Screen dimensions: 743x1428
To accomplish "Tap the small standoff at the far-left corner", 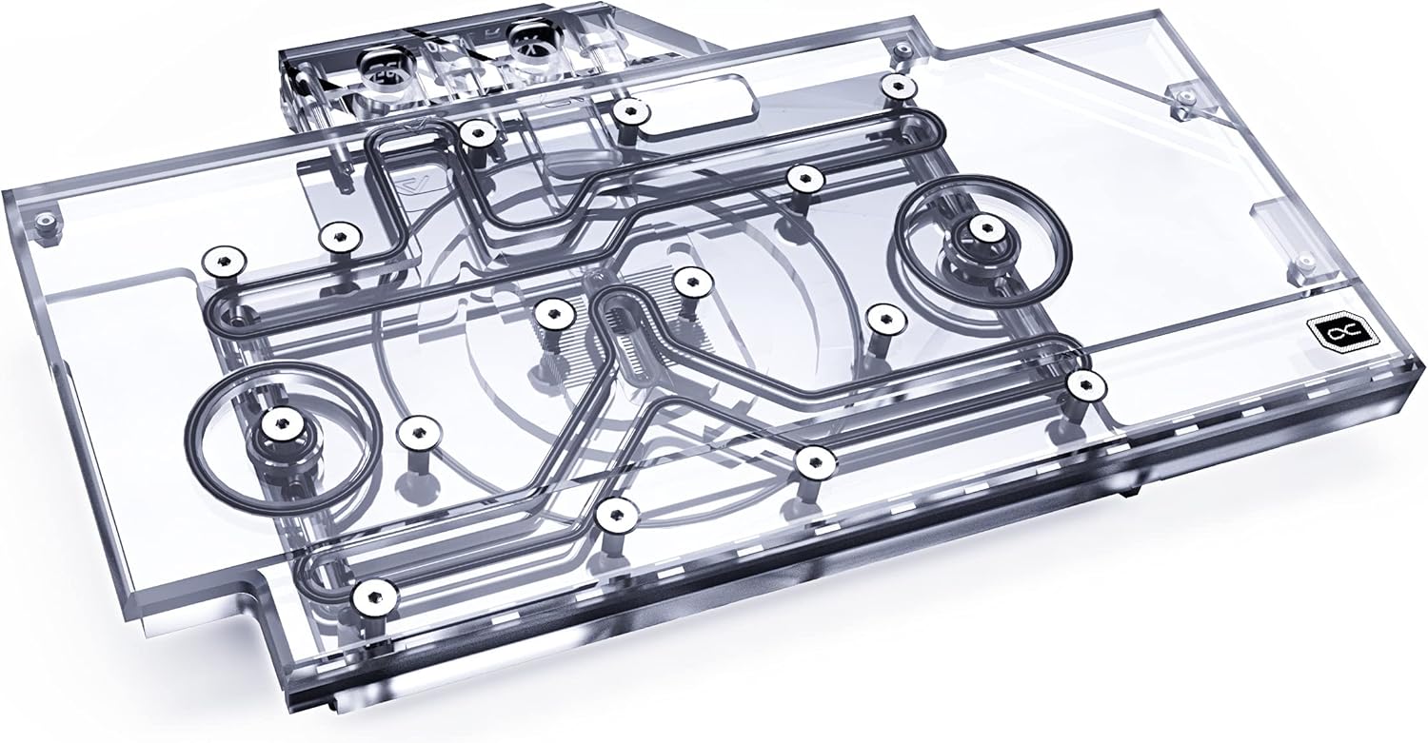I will (x=44, y=224).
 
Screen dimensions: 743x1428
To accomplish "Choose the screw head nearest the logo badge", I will (x=1084, y=383).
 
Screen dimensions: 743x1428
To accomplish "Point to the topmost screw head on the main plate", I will (x=896, y=87).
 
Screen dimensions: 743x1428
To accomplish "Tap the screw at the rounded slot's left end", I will (x=626, y=112).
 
